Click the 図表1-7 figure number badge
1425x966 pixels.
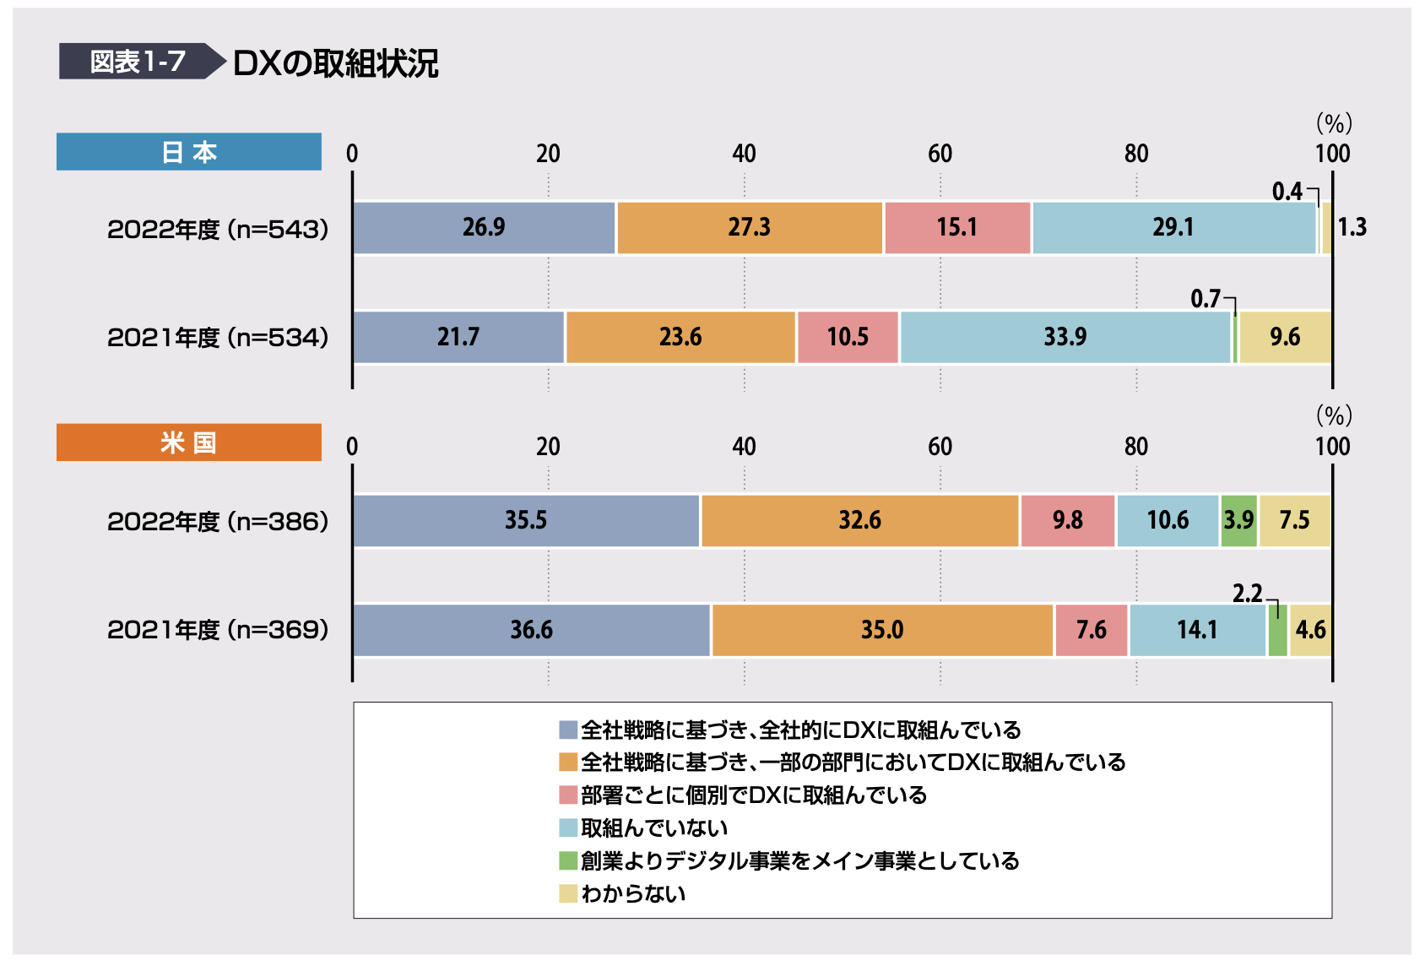point(137,62)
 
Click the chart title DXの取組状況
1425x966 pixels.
point(335,63)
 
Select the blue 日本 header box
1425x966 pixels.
point(188,152)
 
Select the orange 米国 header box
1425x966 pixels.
point(188,442)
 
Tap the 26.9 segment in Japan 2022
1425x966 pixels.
point(484,227)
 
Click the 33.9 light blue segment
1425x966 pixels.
point(1065,337)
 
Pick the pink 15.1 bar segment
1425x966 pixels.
point(956,227)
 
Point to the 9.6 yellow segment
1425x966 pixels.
point(1284,337)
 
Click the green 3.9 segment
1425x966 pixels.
point(1238,520)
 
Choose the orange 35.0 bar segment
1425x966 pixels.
point(881,630)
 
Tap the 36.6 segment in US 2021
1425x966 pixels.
point(531,630)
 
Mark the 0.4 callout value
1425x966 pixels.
point(1287,192)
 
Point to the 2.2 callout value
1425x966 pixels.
point(1247,594)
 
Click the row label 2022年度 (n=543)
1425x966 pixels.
point(217,229)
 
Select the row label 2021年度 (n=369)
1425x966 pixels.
point(217,630)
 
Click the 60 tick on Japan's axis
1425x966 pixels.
point(940,154)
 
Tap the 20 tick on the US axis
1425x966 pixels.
point(548,447)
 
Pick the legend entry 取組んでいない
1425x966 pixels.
point(653,828)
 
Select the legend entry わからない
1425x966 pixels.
point(633,893)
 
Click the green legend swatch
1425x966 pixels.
point(568,860)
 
